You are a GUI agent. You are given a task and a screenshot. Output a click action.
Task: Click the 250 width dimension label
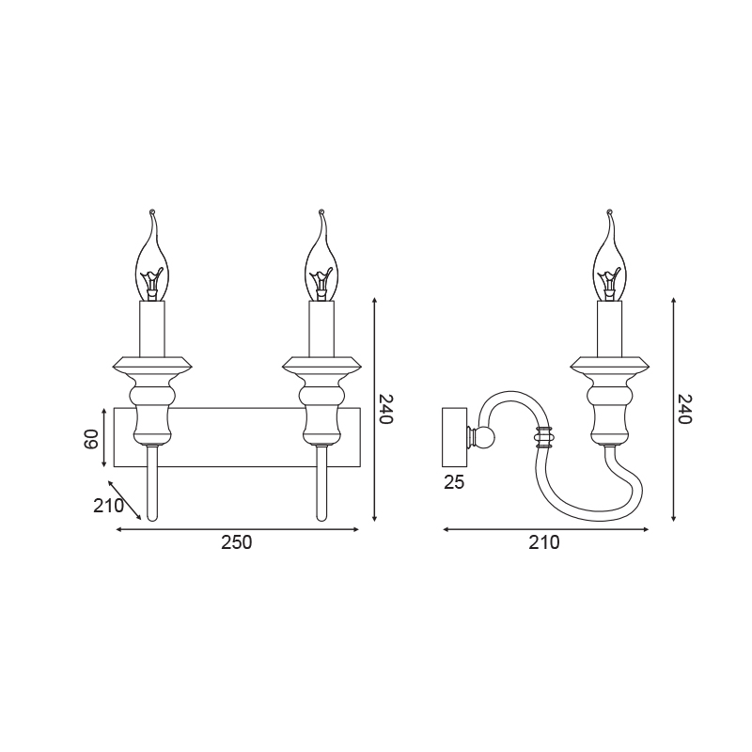(x=236, y=542)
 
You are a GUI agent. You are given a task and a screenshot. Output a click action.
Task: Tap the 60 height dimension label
(x=91, y=439)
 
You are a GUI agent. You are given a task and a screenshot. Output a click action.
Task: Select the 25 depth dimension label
(x=454, y=482)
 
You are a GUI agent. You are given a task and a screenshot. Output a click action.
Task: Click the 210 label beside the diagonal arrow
(x=108, y=506)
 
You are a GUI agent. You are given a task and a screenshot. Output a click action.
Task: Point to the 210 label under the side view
(x=544, y=542)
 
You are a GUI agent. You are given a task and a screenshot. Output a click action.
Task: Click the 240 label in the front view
(x=385, y=409)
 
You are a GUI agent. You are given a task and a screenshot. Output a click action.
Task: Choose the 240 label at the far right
(x=684, y=409)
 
